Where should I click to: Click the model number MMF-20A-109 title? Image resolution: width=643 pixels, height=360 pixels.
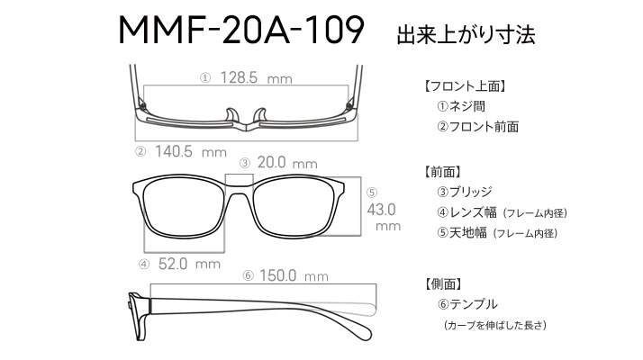(241, 30)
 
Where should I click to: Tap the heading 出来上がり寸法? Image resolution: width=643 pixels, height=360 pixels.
(466, 35)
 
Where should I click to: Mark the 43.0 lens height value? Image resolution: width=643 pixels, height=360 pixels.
(381, 210)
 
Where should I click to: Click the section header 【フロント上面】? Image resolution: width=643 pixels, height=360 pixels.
(465, 86)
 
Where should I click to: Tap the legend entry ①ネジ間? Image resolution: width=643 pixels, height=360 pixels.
(461, 106)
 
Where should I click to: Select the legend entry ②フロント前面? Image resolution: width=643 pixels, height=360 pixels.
(477, 127)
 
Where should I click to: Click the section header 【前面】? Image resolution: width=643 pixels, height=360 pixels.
(442, 172)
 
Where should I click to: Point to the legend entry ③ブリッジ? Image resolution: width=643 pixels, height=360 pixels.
(464, 192)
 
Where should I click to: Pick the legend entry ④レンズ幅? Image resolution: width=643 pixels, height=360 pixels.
(466, 212)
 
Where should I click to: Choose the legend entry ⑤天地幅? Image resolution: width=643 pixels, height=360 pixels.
(461, 233)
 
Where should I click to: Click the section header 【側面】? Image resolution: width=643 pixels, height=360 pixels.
(443, 283)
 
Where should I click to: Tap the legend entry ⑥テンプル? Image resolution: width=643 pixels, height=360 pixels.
(467, 304)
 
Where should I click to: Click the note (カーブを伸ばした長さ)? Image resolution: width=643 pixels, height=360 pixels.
(495, 325)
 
